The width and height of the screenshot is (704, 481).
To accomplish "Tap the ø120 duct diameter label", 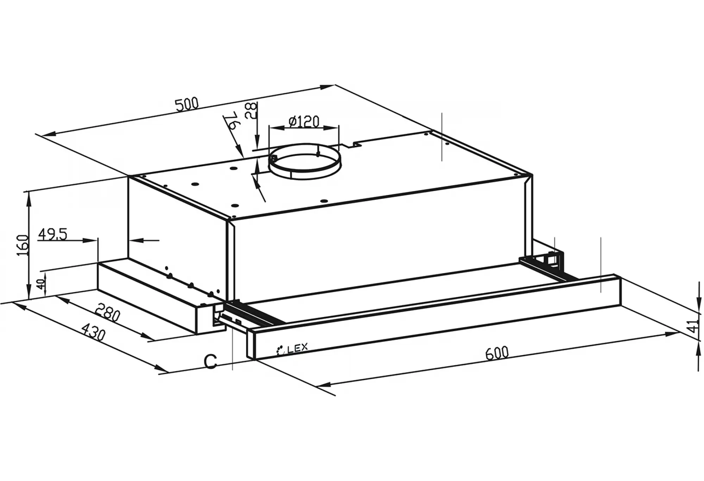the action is tap(304, 121).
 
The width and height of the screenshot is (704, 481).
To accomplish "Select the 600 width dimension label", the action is tap(497, 353).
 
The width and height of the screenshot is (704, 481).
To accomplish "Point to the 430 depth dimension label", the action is tap(93, 331).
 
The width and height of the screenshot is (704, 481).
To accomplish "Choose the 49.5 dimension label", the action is tap(52, 234).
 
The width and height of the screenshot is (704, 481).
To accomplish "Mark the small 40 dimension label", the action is tap(41, 284).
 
